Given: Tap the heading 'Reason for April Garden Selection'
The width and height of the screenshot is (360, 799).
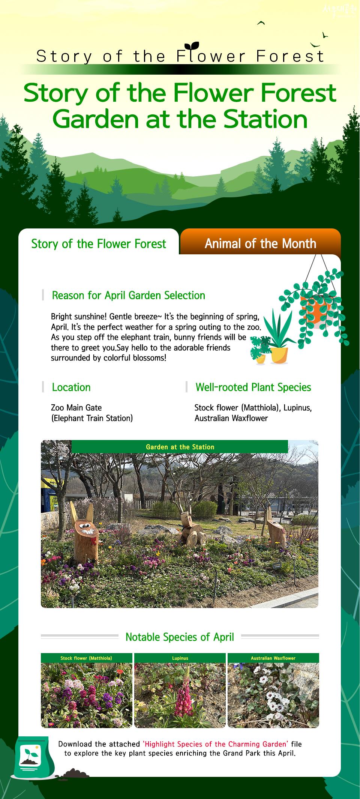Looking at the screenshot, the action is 128,296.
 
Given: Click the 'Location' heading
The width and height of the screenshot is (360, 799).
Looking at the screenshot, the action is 71,387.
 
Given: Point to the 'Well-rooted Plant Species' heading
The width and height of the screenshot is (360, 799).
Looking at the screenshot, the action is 253,387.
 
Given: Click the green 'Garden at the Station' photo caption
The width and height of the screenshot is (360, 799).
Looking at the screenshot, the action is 180,447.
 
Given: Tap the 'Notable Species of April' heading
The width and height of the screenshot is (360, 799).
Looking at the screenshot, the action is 180,637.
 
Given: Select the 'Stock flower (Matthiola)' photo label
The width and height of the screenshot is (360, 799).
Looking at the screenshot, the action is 86,658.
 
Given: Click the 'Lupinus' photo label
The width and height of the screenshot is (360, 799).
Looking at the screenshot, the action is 180,658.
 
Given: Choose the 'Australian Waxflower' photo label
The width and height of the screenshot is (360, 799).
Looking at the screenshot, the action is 273,658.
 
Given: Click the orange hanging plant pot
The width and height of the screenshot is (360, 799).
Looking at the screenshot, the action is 315,309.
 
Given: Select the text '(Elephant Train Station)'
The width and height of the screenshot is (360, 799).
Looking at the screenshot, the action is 92,418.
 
